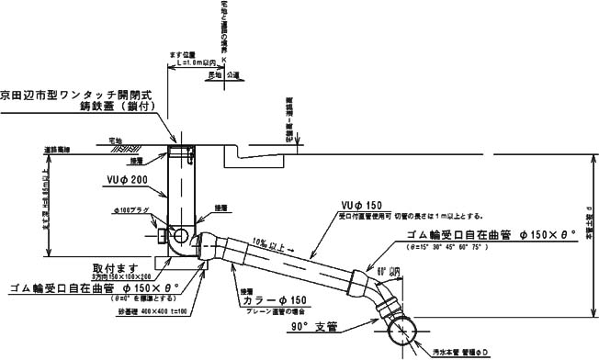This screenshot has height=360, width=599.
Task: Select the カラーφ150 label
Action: [273, 300]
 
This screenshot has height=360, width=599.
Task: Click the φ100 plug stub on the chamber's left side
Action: [163, 238]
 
